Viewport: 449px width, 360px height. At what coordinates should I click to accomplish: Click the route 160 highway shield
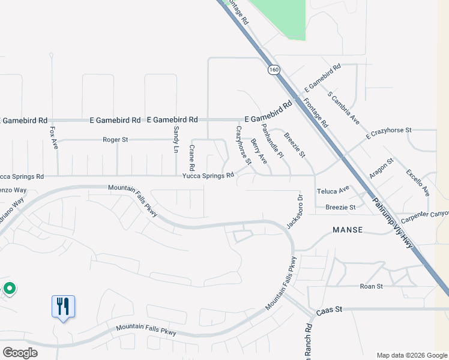click(x=274, y=70)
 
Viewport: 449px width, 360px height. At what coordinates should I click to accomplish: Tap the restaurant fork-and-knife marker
click(x=63, y=307)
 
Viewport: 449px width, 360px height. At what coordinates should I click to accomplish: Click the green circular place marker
click(x=10, y=289)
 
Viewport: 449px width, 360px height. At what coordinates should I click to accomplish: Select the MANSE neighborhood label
click(x=348, y=230)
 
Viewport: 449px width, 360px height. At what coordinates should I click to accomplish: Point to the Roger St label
click(x=116, y=140)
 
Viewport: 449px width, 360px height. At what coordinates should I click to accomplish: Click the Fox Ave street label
click(x=53, y=137)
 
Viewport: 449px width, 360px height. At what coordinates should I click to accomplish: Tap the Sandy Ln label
click(x=176, y=139)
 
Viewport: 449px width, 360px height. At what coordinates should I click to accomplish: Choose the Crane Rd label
click(x=192, y=157)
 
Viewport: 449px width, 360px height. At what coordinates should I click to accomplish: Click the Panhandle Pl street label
click(x=273, y=141)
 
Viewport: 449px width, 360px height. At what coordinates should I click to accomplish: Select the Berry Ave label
click(x=259, y=151)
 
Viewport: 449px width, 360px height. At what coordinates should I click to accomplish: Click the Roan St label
click(x=371, y=286)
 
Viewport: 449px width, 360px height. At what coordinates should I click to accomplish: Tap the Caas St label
click(x=330, y=309)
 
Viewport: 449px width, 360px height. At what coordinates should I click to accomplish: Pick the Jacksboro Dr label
click(x=293, y=211)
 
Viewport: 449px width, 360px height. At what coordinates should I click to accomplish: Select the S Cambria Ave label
click(x=343, y=107)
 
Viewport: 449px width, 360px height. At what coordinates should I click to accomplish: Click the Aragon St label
click(x=381, y=169)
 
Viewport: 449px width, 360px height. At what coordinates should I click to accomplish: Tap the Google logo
click(x=20, y=353)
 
